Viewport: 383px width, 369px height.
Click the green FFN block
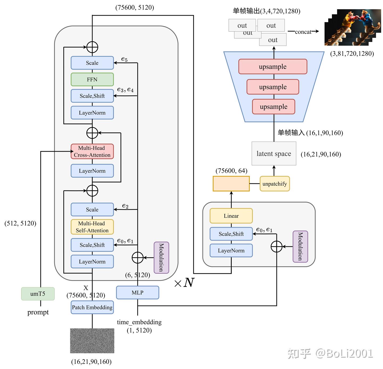point(92,80)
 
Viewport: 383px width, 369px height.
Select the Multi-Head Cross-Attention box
point(92,151)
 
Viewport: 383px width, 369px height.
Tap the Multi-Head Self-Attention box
point(92,227)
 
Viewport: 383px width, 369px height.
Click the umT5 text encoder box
point(38,294)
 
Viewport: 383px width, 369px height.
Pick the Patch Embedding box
point(92,307)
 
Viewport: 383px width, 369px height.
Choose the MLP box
point(138,293)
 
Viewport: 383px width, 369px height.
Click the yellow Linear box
point(231,216)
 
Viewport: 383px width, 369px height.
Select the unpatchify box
point(274,184)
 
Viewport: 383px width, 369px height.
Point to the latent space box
point(274,154)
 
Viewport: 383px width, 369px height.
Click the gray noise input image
point(92,341)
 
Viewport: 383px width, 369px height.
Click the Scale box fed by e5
point(92,63)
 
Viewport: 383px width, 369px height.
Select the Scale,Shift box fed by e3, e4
point(92,96)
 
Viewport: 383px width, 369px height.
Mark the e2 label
point(125,206)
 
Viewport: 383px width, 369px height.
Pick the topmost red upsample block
point(273,67)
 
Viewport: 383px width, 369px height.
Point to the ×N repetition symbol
point(184,283)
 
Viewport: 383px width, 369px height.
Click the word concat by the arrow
point(303,32)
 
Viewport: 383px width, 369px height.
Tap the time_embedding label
point(139,322)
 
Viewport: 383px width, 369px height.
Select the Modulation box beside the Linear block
point(300,247)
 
